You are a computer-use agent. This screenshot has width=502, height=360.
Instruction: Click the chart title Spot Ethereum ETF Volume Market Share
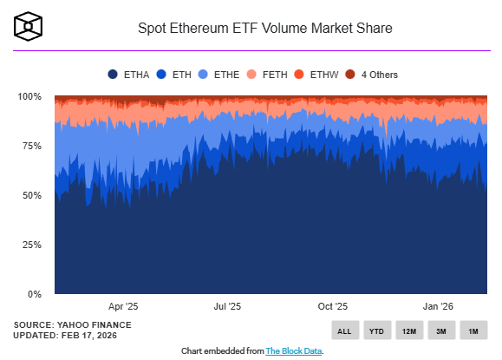(265, 29)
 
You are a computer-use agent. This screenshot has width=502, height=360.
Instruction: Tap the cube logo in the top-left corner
(29, 27)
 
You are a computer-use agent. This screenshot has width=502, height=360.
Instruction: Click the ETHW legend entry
(317, 75)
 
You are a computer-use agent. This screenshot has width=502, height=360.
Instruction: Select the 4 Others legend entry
(372, 75)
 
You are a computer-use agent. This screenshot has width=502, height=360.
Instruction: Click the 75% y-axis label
(32, 146)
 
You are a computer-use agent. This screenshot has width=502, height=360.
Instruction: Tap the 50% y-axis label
(32, 195)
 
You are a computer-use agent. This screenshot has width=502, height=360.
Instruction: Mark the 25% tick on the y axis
(32, 245)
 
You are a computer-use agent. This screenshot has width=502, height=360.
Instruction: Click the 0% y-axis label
(35, 294)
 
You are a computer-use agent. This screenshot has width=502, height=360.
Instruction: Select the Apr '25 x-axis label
(123, 306)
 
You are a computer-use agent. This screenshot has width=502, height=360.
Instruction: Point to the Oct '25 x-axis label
(332, 306)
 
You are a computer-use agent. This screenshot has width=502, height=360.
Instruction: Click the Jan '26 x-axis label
(438, 306)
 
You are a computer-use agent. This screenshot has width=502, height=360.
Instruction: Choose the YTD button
(376, 331)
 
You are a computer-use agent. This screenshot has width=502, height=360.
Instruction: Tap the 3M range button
(440, 331)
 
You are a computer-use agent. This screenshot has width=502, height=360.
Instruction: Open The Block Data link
(293, 350)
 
